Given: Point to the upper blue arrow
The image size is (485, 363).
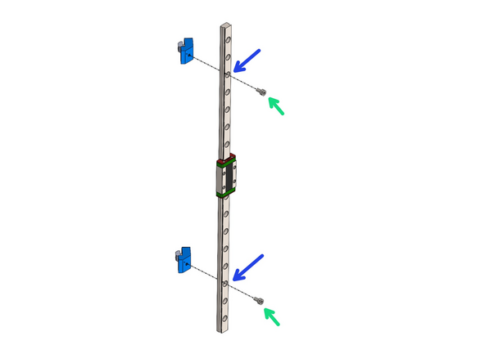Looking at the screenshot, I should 247,60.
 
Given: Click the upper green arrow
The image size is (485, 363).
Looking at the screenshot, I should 278,106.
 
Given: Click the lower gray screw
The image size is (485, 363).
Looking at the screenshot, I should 261,300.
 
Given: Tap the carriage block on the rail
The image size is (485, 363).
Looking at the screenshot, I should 227,176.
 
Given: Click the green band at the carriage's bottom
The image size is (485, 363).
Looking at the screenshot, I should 227,195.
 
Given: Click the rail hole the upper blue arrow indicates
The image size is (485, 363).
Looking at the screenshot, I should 228,74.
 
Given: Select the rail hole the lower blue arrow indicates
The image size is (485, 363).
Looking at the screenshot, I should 227,281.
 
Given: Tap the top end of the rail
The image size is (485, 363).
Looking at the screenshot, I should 228,26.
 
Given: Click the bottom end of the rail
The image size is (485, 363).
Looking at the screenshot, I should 226,329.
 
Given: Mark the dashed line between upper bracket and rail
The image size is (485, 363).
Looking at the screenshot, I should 208,65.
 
